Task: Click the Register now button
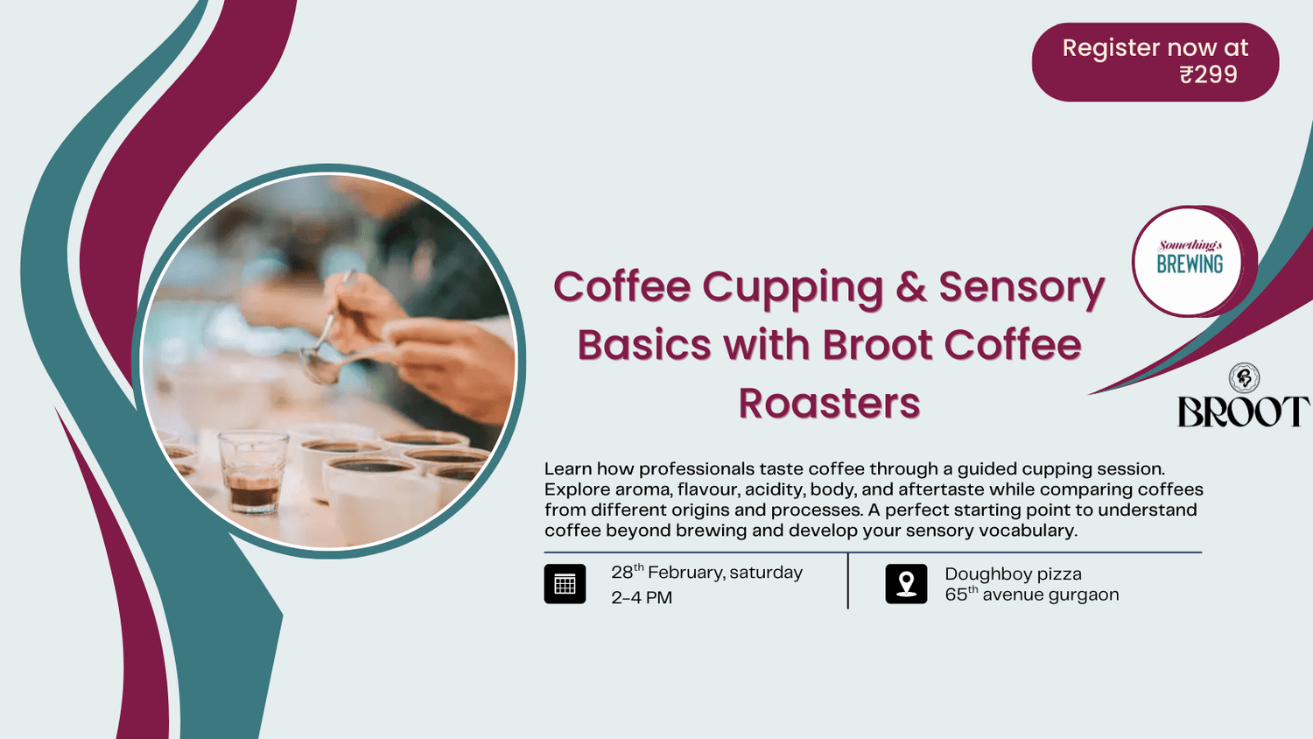[1155, 61]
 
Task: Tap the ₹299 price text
[1208, 75]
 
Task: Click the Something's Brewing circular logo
[1189, 261]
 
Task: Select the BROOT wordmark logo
[1243, 412]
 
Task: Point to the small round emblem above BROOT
[1244, 377]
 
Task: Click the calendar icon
[565, 584]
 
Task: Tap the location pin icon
[906, 584]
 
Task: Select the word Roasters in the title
[829, 404]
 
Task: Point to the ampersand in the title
[910, 287]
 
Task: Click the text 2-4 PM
[642, 598]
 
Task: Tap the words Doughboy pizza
[1013, 574]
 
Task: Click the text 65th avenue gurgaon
[1031, 595]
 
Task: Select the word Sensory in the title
[1022, 287]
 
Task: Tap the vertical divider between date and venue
[847, 581]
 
